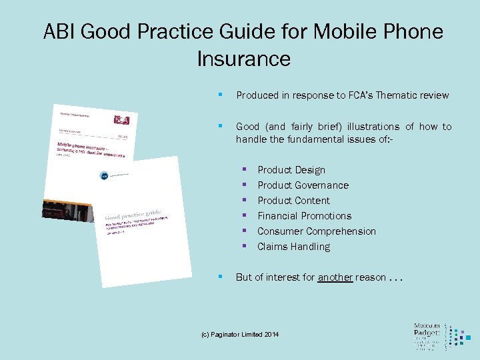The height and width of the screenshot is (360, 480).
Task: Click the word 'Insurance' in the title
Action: pos(243,59)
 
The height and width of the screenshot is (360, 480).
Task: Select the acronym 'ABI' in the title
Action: pos(61,31)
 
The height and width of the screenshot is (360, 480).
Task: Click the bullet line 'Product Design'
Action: pos(291,170)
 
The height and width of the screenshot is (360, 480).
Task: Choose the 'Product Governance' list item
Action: pos(303,185)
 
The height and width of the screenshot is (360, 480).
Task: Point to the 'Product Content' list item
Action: pos(293,201)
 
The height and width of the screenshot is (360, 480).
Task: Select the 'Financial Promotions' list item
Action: pos(304,216)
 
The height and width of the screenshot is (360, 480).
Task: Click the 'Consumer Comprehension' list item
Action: pos(317,231)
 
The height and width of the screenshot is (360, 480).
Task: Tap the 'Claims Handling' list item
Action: pos(293,247)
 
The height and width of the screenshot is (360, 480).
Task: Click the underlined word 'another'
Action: pos(335,277)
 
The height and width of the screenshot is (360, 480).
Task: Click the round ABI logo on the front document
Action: pos(104,175)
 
